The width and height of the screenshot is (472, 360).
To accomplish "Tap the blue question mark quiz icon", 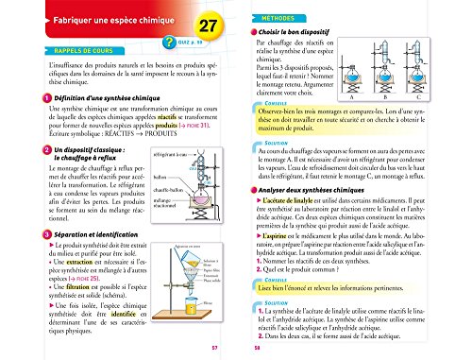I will pyautogui.click(x=168, y=41).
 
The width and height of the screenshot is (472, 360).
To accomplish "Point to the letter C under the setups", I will pyautogui.click(x=445, y=96).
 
